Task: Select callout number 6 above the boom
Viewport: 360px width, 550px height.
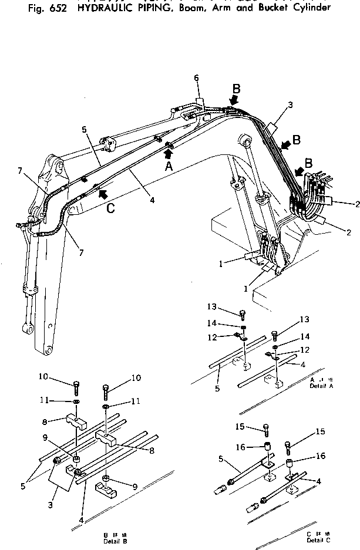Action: click(197, 78)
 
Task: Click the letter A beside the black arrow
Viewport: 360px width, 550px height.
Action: click(169, 166)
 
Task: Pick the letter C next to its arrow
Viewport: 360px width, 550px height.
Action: click(110, 206)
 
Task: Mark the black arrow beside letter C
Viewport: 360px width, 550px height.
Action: click(103, 192)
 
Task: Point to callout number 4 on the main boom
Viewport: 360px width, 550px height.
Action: click(152, 200)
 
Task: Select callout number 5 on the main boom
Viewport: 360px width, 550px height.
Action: click(84, 129)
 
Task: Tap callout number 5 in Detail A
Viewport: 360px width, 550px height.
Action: click(217, 372)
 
